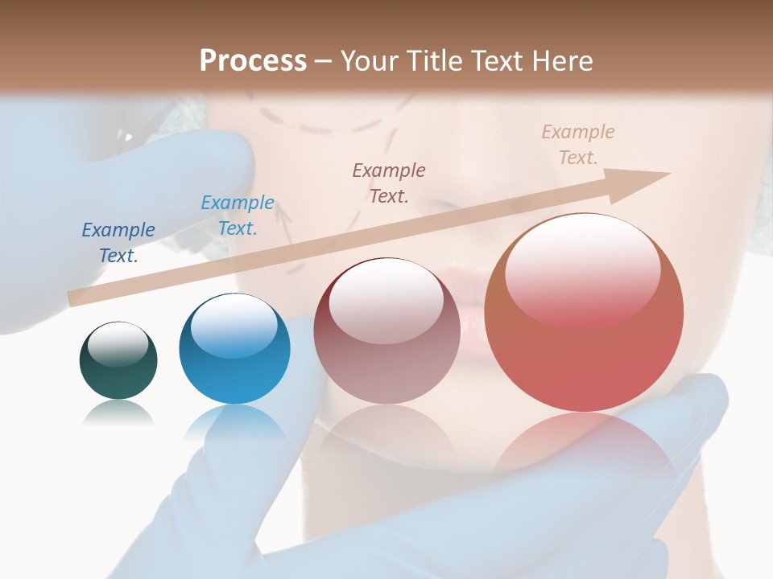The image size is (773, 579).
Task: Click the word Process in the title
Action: (x=253, y=60)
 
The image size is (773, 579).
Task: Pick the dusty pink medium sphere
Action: (x=386, y=331)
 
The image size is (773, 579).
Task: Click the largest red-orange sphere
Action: (x=584, y=313)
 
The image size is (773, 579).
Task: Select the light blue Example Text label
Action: (x=237, y=216)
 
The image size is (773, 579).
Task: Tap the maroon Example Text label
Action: (x=389, y=183)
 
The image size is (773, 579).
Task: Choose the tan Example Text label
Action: (x=577, y=145)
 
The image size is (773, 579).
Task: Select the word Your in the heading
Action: (x=367, y=61)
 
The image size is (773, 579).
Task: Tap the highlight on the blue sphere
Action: (x=234, y=322)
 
